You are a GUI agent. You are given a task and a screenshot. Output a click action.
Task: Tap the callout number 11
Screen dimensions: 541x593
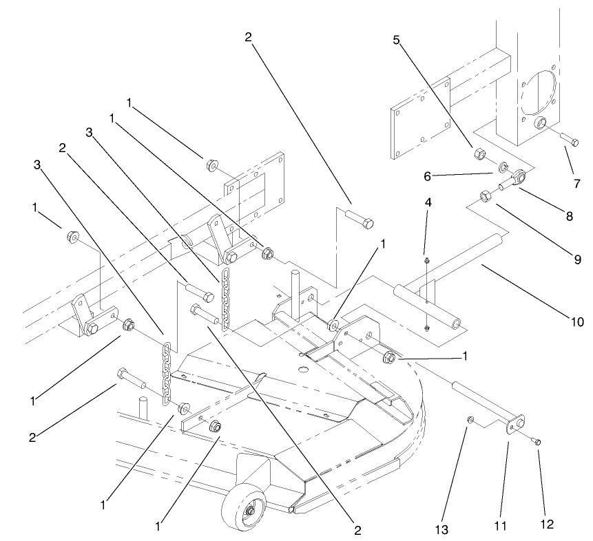[501, 527]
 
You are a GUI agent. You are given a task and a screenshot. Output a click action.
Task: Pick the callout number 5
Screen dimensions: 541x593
[397, 40]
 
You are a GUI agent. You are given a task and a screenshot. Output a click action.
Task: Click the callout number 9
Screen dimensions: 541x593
[576, 259]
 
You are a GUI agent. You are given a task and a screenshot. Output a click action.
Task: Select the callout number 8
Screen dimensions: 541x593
[569, 216]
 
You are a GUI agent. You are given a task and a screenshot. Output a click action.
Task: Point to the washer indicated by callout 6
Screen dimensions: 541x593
[503, 167]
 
